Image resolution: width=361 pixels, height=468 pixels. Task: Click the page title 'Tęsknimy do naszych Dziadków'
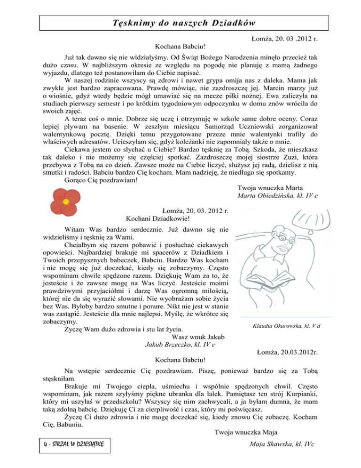click(180, 23)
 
